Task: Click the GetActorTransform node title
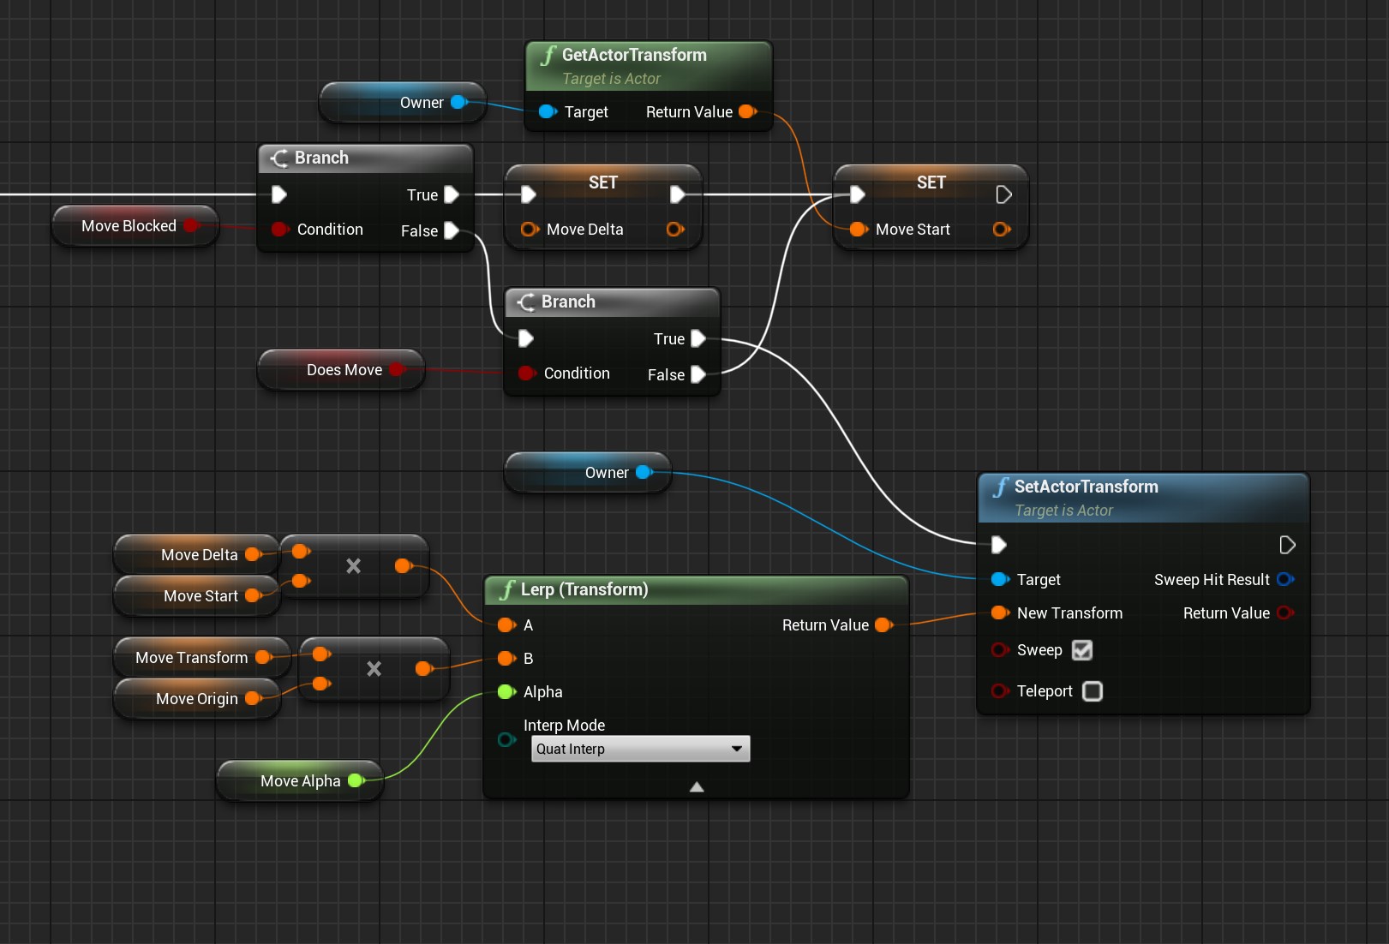click(634, 55)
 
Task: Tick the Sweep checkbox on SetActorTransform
click(1082, 650)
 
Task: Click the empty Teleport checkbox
click(1093, 691)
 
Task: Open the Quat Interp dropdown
click(640, 749)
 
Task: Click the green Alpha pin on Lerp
click(506, 692)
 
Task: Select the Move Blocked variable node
click(129, 226)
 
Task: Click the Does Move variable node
click(344, 370)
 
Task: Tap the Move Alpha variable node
click(301, 781)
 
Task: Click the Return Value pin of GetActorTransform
click(746, 112)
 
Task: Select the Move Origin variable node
click(197, 699)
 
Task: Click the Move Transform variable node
click(192, 658)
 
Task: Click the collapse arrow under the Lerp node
click(697, 786)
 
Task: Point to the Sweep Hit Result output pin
click(1284, 580)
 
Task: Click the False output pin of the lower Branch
click(698, 374)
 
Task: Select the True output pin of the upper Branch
click(452, 195)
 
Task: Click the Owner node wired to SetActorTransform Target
click(607, 473)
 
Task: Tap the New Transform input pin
click(999, 613)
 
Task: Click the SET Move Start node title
click(931, 182)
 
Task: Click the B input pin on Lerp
click(506, 659)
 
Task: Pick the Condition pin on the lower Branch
click(527, 373)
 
